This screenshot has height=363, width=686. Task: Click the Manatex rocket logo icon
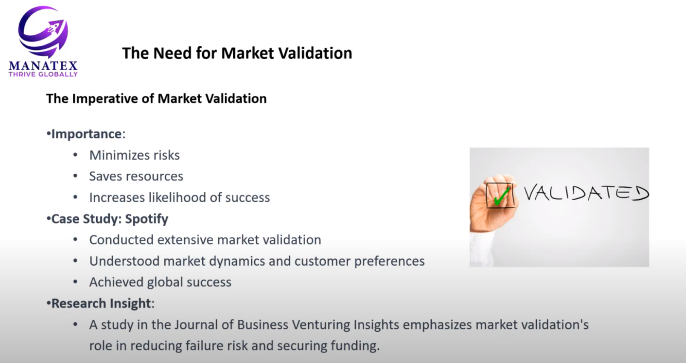point(43,31)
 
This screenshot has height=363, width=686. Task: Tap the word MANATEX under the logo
point(43,66)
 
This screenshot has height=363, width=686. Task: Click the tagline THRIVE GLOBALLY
point(43,74)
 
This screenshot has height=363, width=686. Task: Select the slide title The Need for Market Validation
point(237,53)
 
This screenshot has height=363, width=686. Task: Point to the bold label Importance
point(86,134)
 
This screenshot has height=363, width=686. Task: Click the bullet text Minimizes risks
point(134,155)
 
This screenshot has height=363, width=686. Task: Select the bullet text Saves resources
point(136,176)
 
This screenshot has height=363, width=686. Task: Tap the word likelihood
point(181,198)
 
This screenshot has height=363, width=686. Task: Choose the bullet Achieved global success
point(160,282)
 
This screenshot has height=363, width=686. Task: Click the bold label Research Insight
point(101,303)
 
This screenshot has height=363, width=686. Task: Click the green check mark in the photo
point(502,196)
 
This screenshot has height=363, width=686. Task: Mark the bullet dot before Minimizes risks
point(76,155)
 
